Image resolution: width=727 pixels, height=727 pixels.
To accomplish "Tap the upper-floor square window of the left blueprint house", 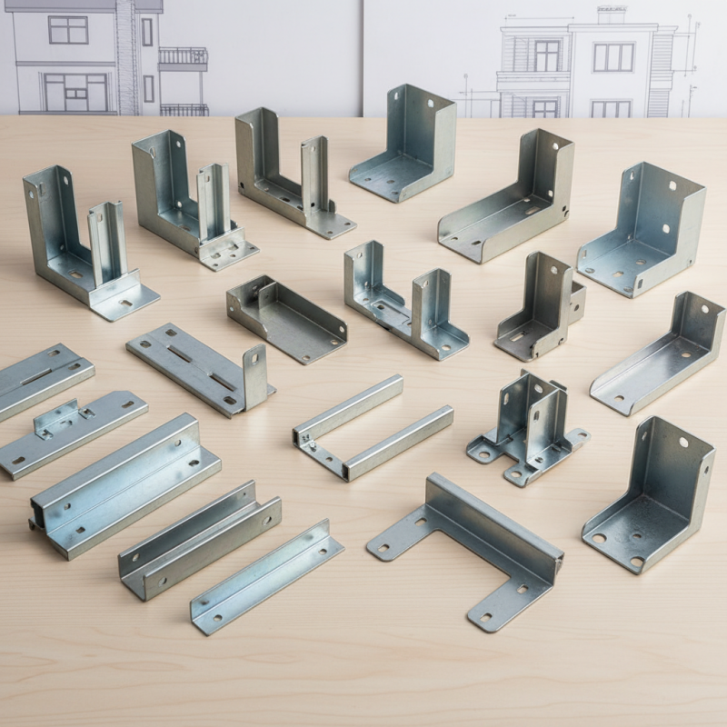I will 68,29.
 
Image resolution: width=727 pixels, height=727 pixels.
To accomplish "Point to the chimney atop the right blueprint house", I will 611,15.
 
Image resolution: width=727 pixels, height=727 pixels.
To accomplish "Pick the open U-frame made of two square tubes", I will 373,427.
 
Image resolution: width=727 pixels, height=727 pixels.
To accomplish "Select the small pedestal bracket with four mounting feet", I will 527,427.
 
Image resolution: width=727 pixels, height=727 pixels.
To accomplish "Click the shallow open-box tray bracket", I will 286,318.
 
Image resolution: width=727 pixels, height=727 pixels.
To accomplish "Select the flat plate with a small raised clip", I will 73,433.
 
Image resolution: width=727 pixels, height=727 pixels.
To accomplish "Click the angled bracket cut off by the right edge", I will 659,354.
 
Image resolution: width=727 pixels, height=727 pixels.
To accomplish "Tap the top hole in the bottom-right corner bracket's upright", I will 682,442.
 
